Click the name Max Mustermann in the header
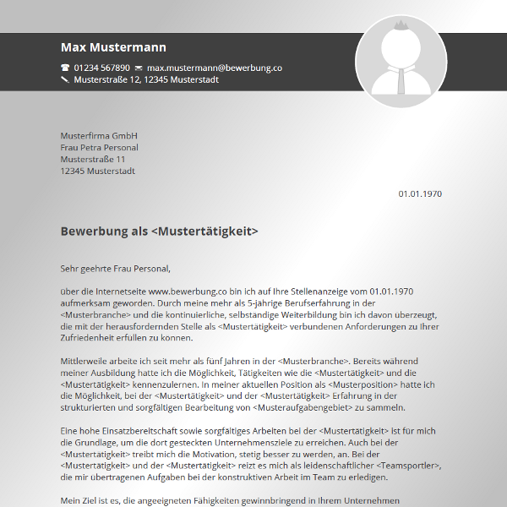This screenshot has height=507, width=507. (113, 47)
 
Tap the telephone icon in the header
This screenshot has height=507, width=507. (65, 68)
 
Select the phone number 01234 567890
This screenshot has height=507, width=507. (102, 68)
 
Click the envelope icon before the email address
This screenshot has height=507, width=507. (139, 68)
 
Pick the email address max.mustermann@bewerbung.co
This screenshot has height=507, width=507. (214, 68)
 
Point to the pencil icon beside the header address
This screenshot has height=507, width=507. (65, 80)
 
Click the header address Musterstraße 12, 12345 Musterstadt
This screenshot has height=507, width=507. (146, 80)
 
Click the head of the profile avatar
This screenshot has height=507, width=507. (401, 42)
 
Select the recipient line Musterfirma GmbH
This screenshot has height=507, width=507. (99, 136)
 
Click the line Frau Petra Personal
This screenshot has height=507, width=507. (100, 148)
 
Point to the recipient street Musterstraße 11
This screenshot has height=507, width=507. (93, 159)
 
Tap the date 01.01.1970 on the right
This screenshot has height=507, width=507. (420, 194)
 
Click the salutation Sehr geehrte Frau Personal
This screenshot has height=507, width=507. (115, 269)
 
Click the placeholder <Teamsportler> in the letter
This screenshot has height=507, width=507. (408, 466)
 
